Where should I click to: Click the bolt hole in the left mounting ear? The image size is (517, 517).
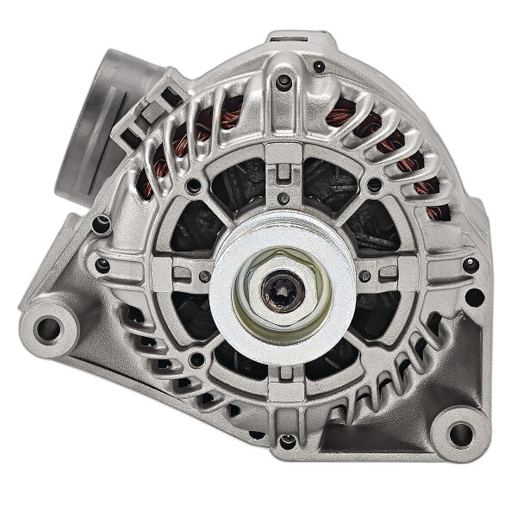48,327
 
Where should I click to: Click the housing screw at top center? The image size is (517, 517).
284,82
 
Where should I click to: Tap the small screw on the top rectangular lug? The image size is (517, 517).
319,65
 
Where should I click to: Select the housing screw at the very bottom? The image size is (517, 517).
287,441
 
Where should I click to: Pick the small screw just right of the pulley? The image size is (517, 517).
365,277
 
